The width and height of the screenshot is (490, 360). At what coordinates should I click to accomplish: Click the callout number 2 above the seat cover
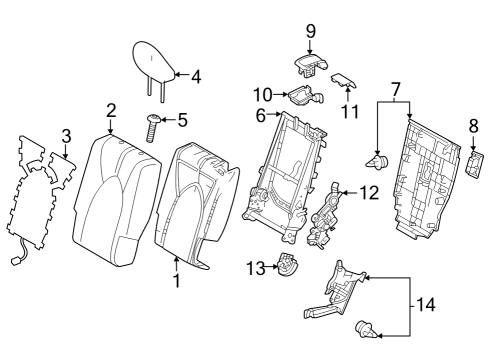[111, 110]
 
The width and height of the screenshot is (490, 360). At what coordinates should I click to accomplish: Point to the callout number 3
[66, 135]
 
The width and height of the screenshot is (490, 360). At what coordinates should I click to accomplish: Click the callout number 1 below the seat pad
[177, 282]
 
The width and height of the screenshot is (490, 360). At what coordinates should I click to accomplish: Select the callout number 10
[261, 94]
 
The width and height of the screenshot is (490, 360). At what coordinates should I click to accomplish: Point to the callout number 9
[310, 30]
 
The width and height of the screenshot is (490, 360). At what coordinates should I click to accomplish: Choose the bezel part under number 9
[306, 63]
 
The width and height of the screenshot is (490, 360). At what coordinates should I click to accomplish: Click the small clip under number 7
[377, 159]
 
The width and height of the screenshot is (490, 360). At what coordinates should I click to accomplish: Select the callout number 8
[473, 127]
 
